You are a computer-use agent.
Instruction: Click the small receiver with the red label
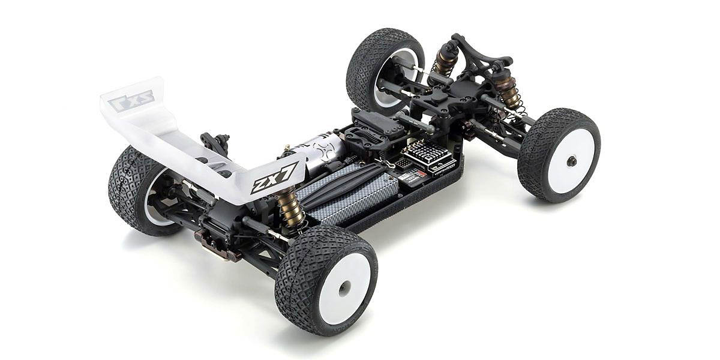point(412,176)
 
